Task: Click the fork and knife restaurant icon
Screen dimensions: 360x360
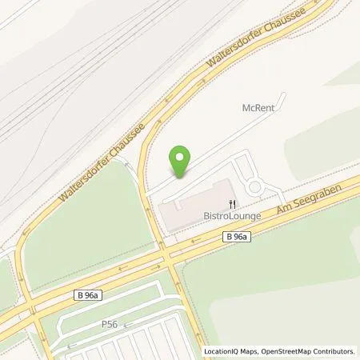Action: coord(232,203)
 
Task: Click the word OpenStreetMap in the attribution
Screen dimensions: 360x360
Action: coord(283,351)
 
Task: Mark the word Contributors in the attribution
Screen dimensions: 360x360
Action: coord(335,351)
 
